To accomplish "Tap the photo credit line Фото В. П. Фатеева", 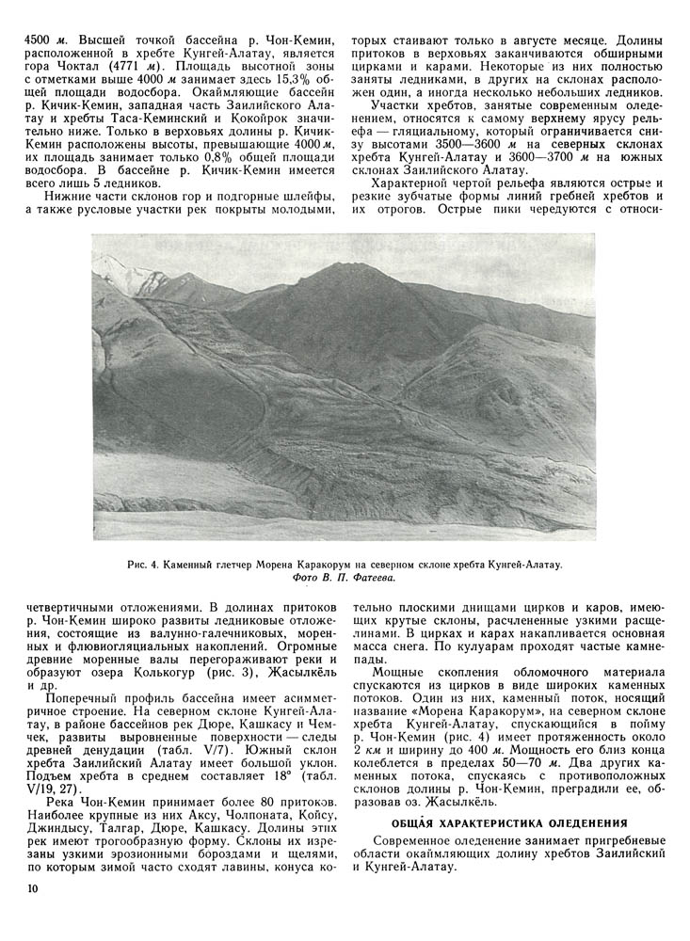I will [x=344, y=577].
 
